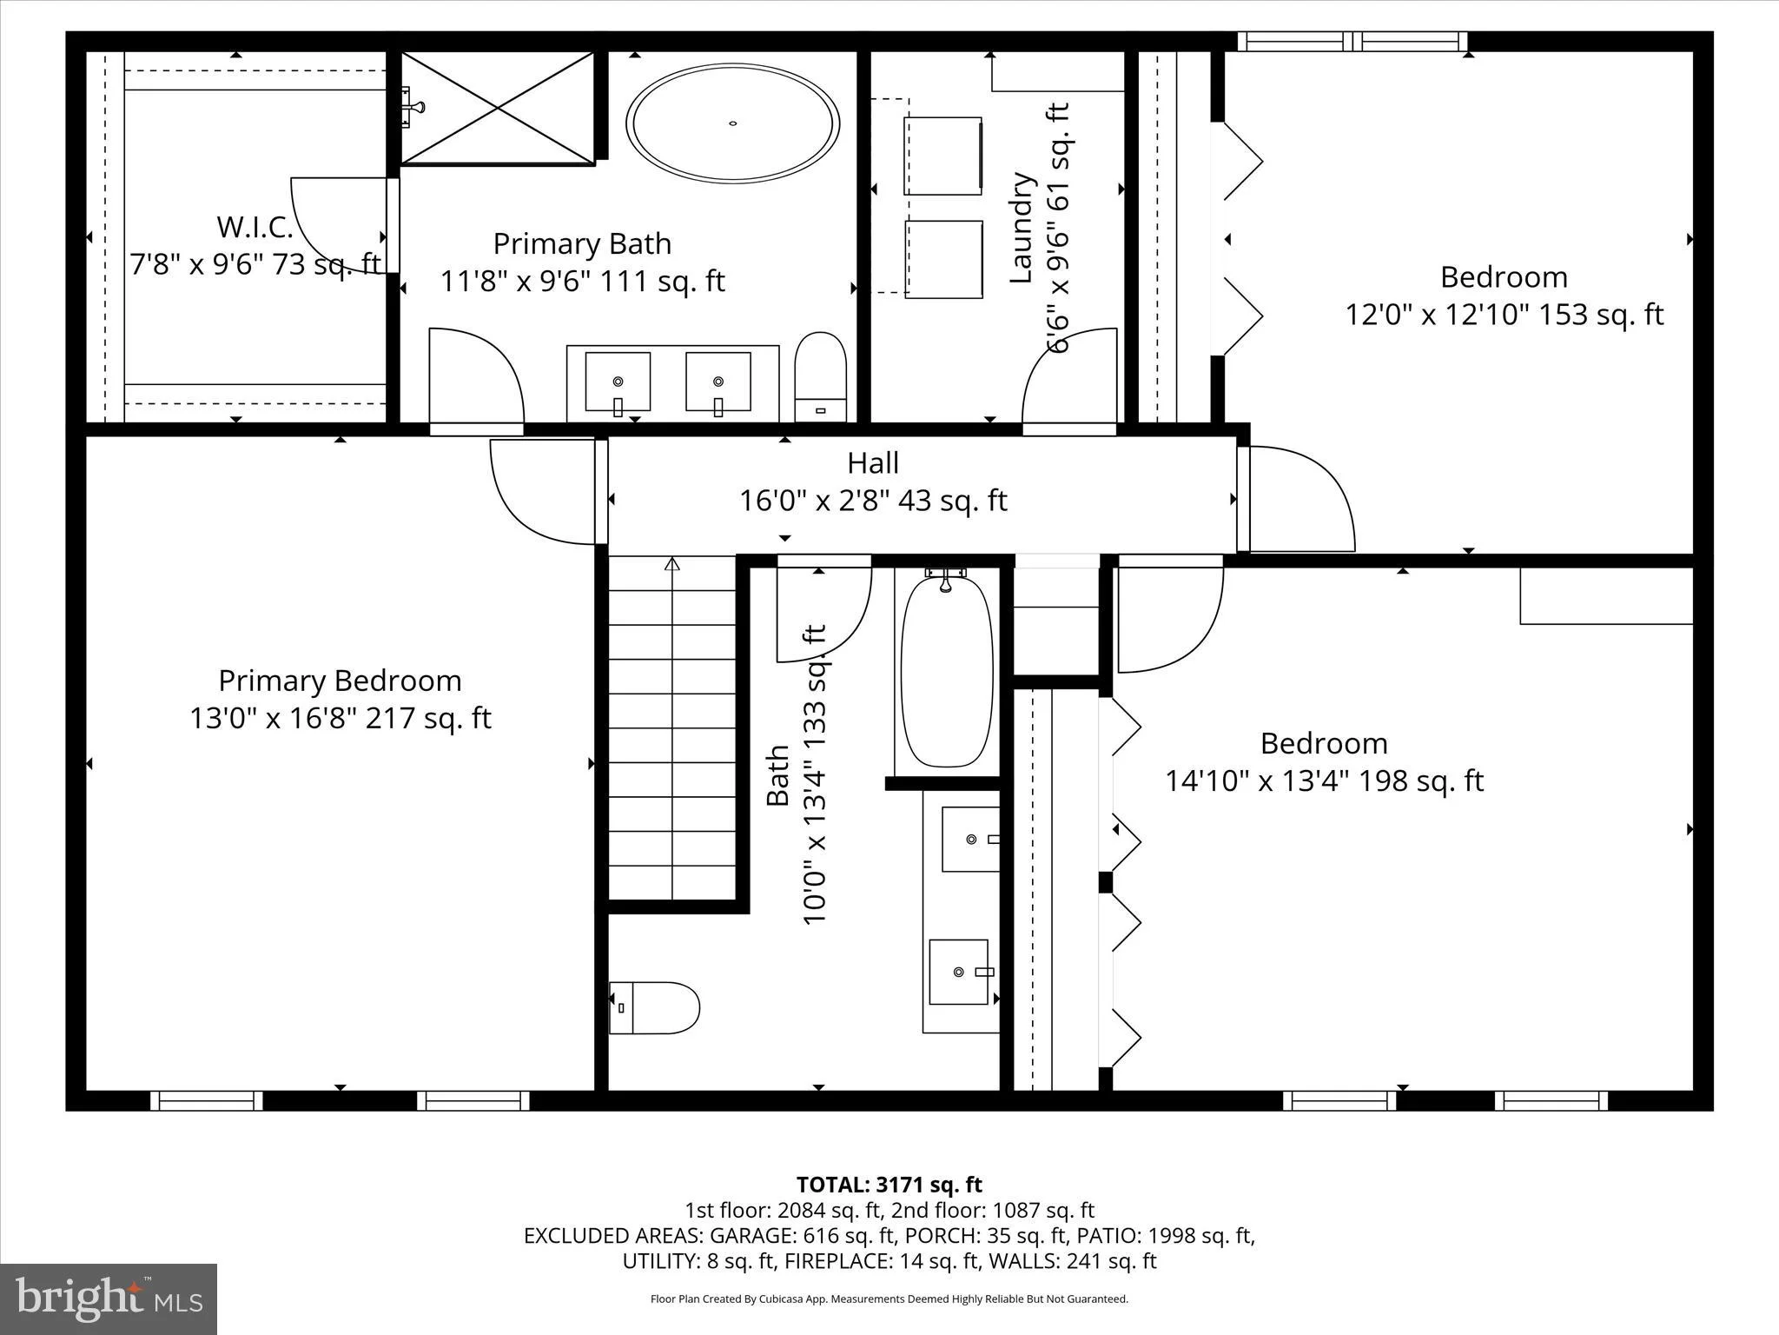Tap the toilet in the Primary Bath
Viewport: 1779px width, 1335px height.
820,376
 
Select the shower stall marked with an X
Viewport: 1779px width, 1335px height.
498,108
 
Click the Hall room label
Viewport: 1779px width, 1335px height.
873,462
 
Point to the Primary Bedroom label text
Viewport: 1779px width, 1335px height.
340,681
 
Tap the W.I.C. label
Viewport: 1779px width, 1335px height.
255,227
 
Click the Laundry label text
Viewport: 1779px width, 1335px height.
1022,228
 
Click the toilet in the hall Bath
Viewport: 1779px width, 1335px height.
654,1007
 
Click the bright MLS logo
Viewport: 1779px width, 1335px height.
109,1298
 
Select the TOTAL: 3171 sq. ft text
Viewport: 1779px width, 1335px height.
889,1185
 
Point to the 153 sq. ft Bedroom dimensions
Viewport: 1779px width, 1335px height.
1504,314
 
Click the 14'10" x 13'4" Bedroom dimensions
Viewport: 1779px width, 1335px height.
1324,780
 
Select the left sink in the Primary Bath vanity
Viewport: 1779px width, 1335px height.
618,382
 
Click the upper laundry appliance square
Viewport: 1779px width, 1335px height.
942,156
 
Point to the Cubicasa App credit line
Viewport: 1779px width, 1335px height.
889,1299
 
